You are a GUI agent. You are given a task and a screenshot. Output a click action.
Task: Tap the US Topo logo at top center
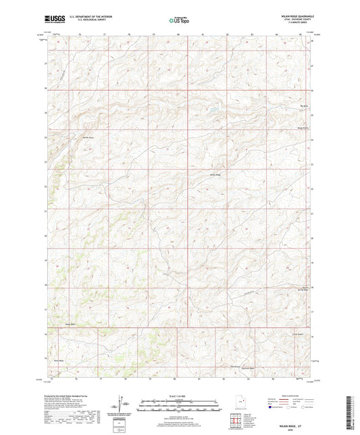coord(178,20)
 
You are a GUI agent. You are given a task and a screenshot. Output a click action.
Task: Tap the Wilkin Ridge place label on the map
coord(215,175)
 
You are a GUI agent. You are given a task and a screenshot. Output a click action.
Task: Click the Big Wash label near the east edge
coord(303,105)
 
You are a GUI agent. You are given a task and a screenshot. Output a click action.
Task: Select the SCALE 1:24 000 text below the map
coord(179,396)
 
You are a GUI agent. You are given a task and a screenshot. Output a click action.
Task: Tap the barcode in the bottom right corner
coord(351,412)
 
